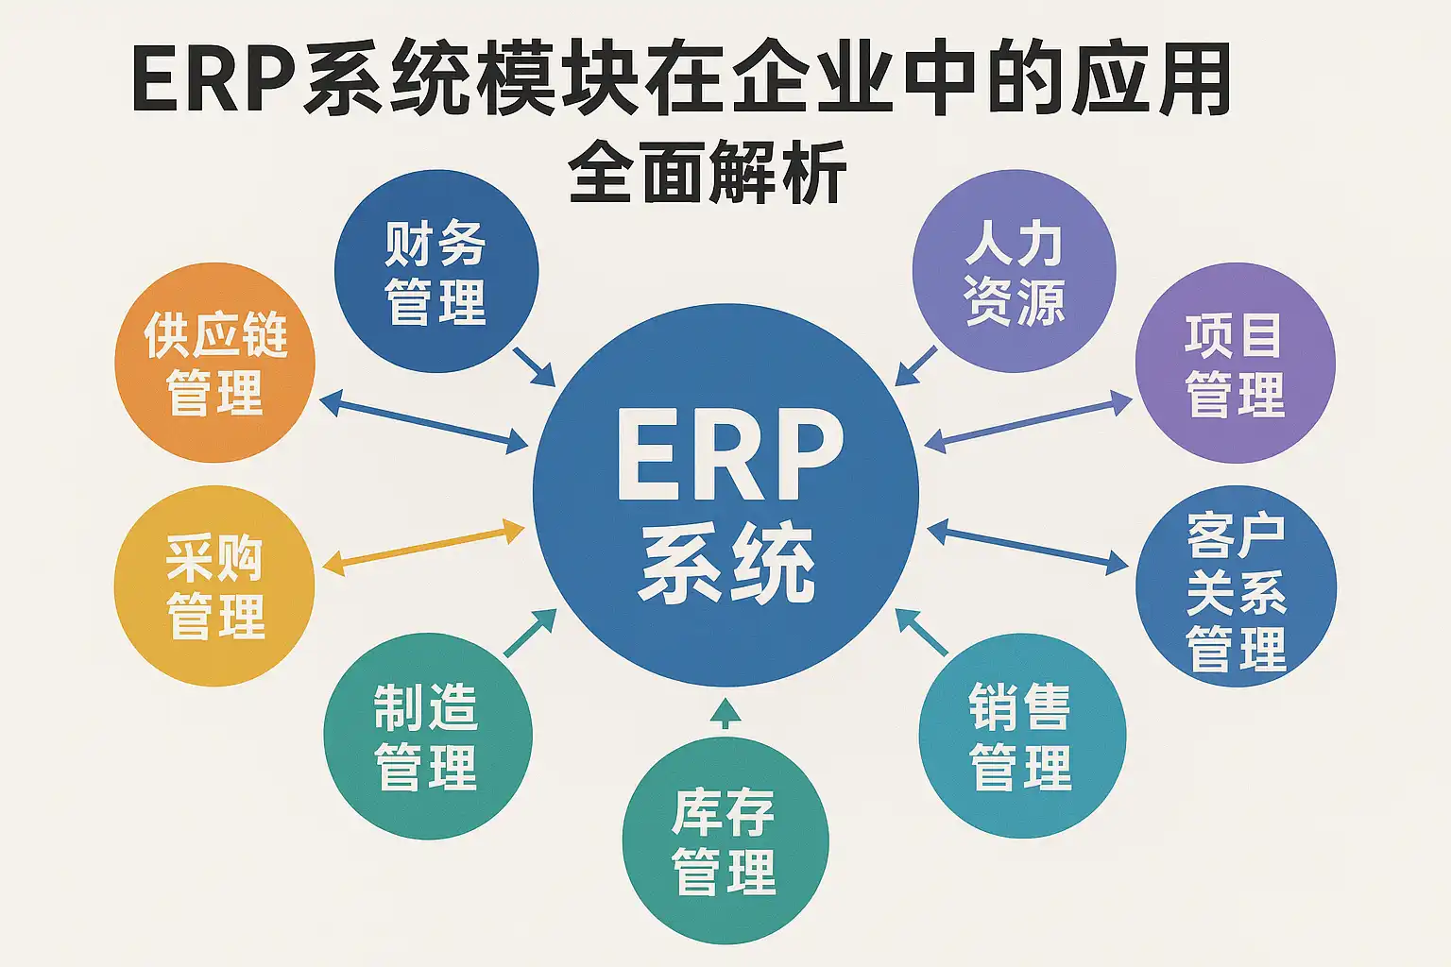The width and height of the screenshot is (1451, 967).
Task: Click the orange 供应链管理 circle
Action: coord(214,364)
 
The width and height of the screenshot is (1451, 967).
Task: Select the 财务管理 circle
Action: coord(436,272)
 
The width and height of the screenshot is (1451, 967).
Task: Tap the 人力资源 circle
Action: coord(1014,272)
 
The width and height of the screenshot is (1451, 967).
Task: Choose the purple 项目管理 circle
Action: coord(1235,364)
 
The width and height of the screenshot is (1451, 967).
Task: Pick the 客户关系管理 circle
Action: coord(1236,586)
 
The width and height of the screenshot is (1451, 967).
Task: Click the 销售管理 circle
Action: coord(1022,736)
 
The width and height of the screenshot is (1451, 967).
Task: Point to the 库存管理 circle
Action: coord(725,840)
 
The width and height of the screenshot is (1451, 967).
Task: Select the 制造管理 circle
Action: coord(427,736)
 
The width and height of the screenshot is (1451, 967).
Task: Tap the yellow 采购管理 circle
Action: coord(214,586)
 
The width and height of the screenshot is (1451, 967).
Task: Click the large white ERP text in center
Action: coord(728,455)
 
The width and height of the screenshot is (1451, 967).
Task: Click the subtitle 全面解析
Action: coord(708,173)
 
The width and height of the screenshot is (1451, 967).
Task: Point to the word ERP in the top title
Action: coord(215,80)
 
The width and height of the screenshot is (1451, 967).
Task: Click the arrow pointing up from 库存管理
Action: coord(725,714)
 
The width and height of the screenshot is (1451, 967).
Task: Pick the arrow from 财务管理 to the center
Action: coord(535,366)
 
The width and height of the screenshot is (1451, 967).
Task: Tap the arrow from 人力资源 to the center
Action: coord(915,365)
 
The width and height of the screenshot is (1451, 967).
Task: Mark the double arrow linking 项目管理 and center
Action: coord(1028,422)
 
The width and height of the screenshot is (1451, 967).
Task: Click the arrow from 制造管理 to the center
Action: coord(531,633)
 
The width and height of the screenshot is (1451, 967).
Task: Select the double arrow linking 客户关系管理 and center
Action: coord(1028,548)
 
